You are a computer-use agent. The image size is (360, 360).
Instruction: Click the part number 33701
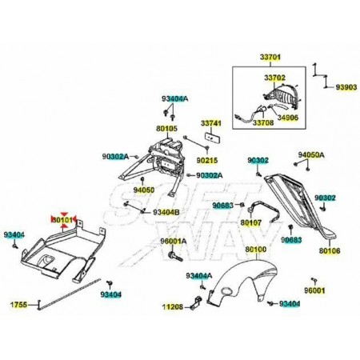[270, 57]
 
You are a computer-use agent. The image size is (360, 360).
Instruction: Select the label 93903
[346, 87]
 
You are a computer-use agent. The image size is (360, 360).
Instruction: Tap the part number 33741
[211, 123]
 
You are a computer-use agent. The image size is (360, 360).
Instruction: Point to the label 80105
[166, 129]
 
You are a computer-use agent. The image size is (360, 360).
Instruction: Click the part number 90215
[207, 160]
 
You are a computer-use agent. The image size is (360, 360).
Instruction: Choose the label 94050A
[311, 154]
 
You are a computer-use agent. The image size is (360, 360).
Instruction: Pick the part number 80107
[251, 222]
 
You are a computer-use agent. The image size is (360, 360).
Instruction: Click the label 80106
[330, 250]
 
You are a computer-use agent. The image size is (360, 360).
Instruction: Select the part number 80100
[256, 250]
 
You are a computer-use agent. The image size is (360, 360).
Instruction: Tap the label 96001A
[174, 241]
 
